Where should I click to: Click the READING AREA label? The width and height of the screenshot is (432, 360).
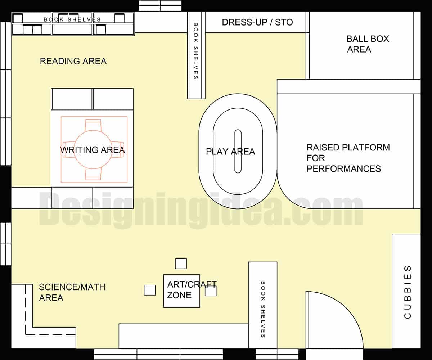pos(73,61)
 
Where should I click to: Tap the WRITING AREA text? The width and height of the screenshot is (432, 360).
pos(93,150)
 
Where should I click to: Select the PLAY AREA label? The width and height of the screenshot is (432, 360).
pos(230,152)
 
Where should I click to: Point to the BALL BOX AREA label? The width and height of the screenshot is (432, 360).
pos(368,44)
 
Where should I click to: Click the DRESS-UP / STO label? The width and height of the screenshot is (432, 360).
pos(257,22)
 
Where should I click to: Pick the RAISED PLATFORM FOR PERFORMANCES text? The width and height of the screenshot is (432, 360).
pos(348,158)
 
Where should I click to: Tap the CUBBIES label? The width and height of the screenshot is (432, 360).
pos(408,292)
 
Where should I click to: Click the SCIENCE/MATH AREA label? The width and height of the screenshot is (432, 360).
pos(72,292)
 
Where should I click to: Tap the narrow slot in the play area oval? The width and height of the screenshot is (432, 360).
pos(238,151)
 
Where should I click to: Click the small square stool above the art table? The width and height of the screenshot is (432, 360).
pos(181,264)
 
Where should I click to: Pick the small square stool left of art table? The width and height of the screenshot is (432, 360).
pos(150,290)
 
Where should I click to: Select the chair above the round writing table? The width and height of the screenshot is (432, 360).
pos(93,124)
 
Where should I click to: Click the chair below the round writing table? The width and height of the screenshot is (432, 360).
pos(93,174)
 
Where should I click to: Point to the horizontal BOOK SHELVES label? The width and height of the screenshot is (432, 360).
pos(72,19)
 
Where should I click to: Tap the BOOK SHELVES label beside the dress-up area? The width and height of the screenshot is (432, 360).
pos(196,51)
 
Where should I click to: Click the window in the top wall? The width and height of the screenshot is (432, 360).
pos(160,6)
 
